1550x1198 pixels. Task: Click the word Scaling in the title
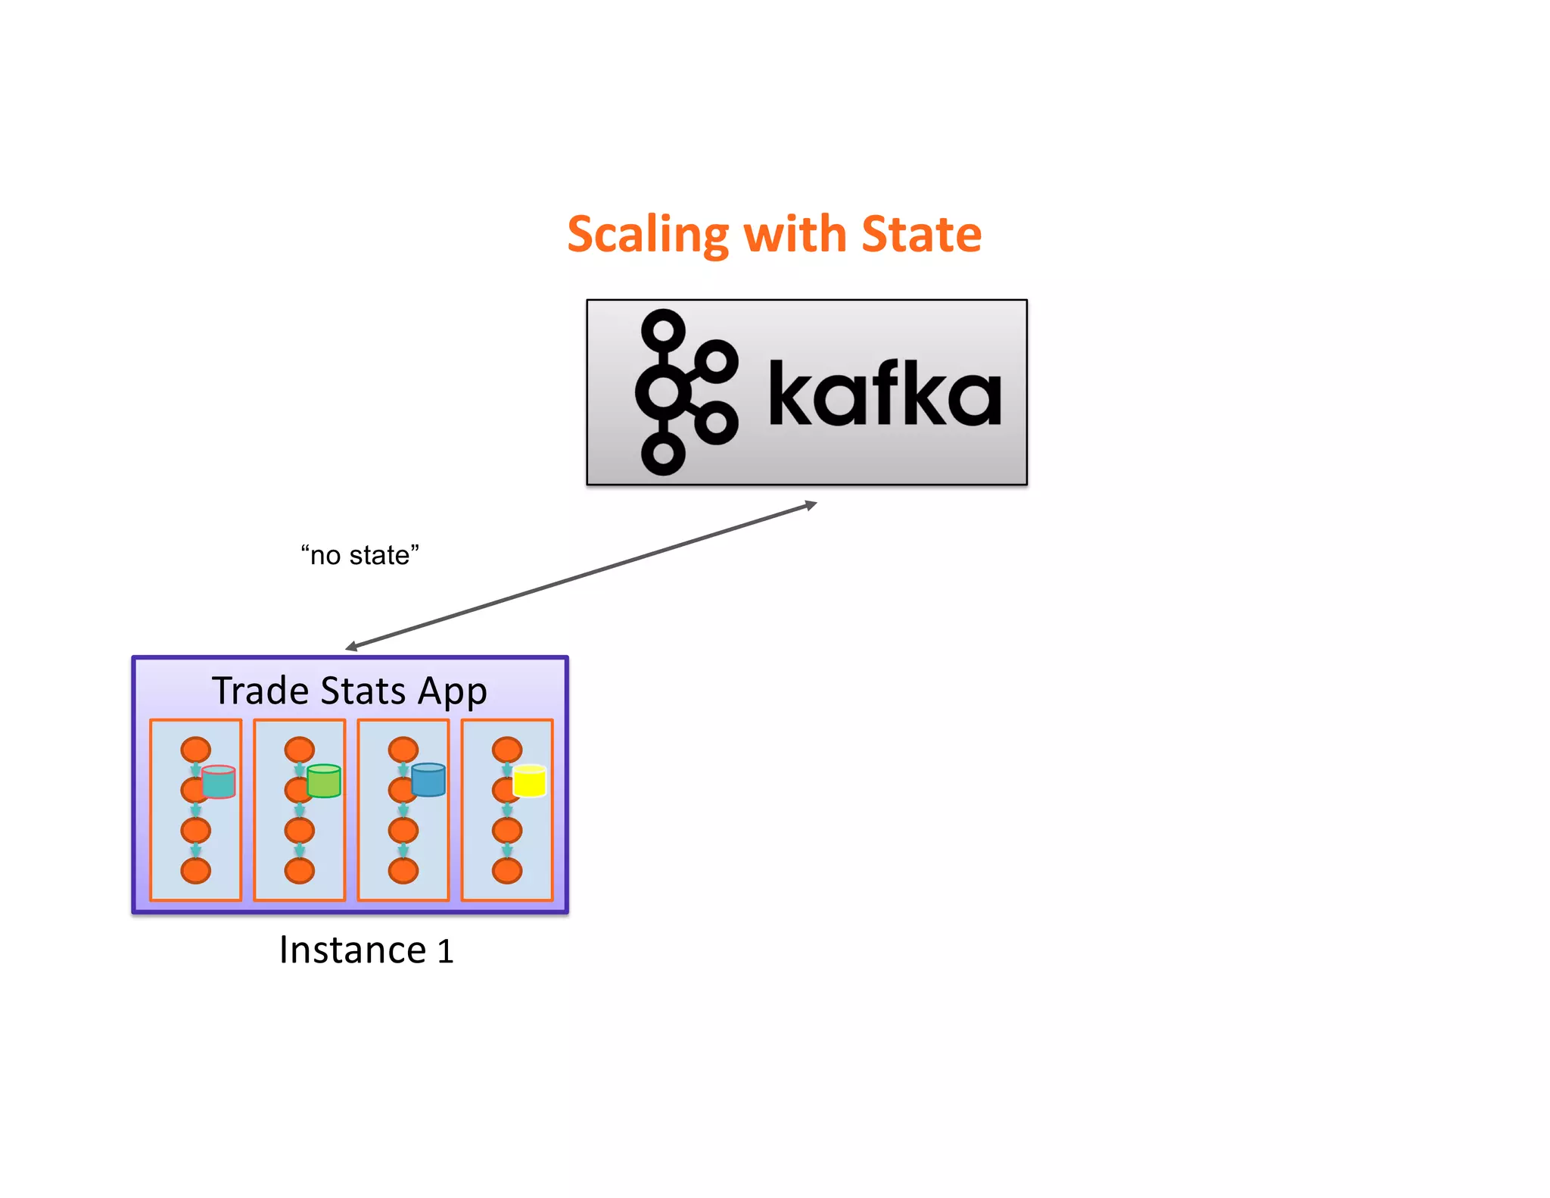click(x=647, y=235)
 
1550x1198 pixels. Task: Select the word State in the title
click(x=921, y=234)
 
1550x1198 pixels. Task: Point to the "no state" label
click(x=359, y=555)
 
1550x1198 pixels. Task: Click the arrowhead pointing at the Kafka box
click(x=811, y=505)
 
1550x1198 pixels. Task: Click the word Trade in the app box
click(x=260, y=691)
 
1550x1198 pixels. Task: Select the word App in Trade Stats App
click(x=452, y=692)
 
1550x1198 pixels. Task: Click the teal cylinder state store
click(x=219, y=782)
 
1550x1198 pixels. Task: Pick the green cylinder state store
click(x=324, y=782)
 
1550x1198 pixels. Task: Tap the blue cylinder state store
click(x=428, y=780)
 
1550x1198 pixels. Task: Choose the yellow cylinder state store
click(x=529, y=782)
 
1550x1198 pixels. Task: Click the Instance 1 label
click(x=366, y=950)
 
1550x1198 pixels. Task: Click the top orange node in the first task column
click(x=195, y=750)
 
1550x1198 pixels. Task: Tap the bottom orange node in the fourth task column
click(x=506, y=871)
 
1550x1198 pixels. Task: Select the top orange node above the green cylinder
click(x=299, y=750)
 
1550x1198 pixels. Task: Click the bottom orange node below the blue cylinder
click(x=403, y=871)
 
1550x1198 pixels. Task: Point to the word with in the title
click(x=795, y=234)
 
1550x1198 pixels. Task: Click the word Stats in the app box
click(x=363, y=691)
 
